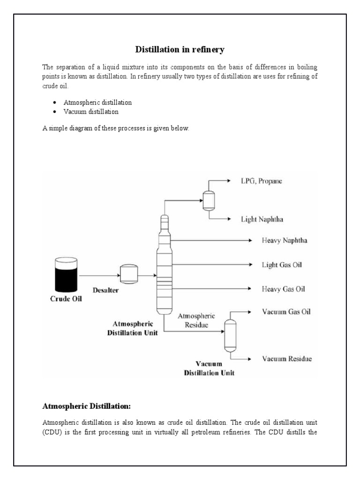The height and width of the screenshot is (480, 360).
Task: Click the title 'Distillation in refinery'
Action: click(180, 49)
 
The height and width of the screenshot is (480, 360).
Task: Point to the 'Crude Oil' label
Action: click(66, 299)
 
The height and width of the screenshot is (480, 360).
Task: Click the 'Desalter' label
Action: click(105, 291)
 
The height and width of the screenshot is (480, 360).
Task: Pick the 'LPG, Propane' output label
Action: click(258, 181)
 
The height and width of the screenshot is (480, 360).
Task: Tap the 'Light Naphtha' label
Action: click(262, 219)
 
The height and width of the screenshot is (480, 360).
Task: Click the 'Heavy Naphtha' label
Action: click(284, 240)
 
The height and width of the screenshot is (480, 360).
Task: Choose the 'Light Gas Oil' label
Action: click(281, 265)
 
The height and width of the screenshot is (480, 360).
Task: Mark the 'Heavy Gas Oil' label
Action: click(283, 289)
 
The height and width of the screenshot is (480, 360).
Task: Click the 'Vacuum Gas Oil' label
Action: click(285, 311)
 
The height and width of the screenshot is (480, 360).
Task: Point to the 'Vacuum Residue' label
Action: click(286, 359)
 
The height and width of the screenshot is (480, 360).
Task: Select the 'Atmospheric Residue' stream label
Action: click(196, 320)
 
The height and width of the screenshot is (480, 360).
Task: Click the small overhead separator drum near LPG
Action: click(208, 200)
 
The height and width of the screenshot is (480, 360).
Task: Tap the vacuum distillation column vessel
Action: click(230, 335)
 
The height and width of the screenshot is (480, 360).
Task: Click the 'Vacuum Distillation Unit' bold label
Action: click(209, 368)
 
